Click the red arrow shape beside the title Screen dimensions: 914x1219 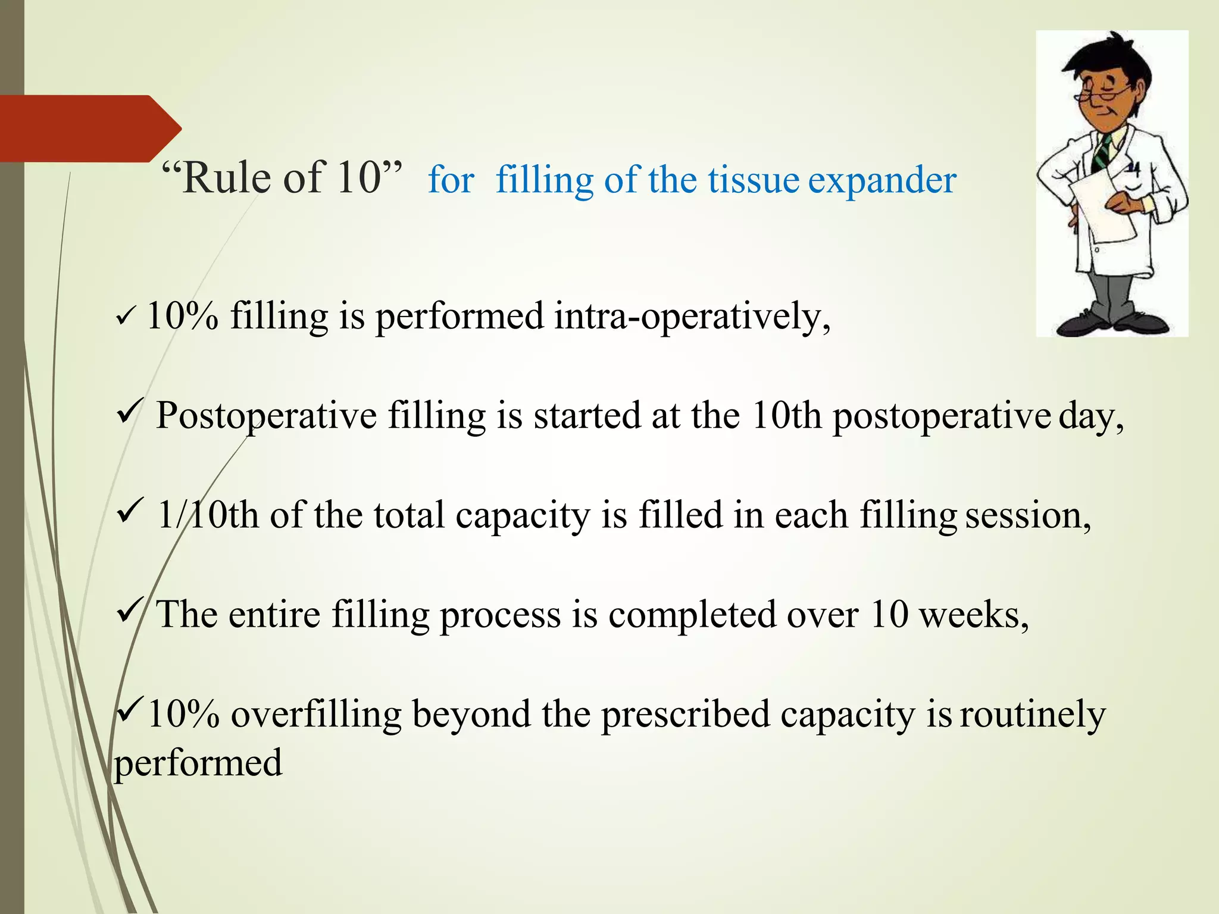89,128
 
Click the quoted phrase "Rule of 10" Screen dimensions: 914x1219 282,178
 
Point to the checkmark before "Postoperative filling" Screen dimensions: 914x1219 129,412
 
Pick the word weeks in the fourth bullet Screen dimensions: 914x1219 973,615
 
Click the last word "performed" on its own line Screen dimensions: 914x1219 198,763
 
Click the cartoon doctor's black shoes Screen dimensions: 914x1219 1113,324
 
